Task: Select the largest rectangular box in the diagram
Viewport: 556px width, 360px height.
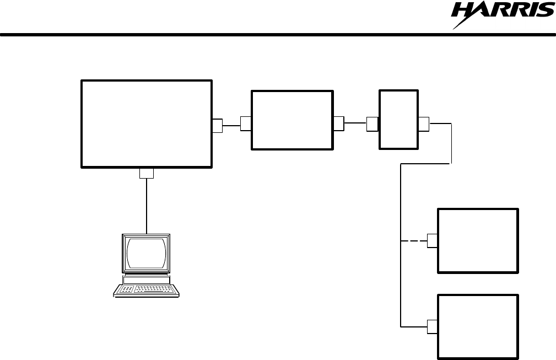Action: [146, 123]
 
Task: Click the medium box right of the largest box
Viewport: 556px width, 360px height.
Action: [292, 120]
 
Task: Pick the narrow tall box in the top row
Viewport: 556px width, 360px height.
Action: [398, 119]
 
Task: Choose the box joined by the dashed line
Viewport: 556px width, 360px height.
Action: [478, 240]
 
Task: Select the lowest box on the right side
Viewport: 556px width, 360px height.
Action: [478, 326]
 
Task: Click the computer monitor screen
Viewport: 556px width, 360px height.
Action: [146, 252]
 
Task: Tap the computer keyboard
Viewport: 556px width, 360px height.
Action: [147, 289]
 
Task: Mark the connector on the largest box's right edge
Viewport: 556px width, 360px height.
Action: [217, 126]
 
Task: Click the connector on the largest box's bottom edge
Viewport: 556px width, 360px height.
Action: [146, 173]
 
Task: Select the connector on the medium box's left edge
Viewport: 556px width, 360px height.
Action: [246, 124]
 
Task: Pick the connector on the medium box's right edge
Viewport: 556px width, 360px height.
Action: [338, 124]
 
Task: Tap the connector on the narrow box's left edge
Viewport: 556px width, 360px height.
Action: [372, 124]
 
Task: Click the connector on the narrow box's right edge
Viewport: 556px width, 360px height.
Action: [424, 124]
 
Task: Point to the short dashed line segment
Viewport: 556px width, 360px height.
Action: [413, 241]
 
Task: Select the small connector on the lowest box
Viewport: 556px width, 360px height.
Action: [432, 326]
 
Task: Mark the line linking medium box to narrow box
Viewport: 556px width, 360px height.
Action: [355, 124]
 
